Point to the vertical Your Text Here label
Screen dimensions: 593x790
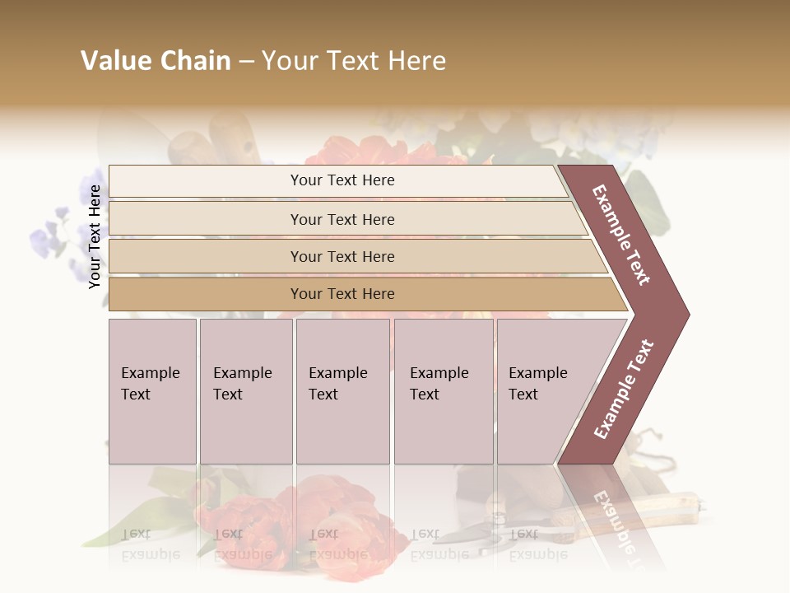coord(95,236)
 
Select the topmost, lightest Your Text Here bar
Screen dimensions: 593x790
coord(342,180)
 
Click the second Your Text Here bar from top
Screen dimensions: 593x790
coord(342,219)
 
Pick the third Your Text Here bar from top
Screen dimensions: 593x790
coord(342,256)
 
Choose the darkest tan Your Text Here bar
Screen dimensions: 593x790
coord(342,294)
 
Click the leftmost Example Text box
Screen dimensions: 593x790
coord(152,391)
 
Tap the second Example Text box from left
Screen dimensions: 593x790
coord(245,391)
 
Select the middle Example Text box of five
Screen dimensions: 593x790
coord(342,391)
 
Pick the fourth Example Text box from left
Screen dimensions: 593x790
coord(443,391)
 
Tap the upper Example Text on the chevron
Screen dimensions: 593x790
coord(622,235)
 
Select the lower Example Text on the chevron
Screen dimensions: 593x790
coord(624,390)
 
